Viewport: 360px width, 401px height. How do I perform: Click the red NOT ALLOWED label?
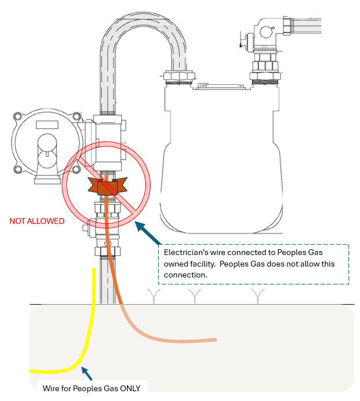(37, 221)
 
